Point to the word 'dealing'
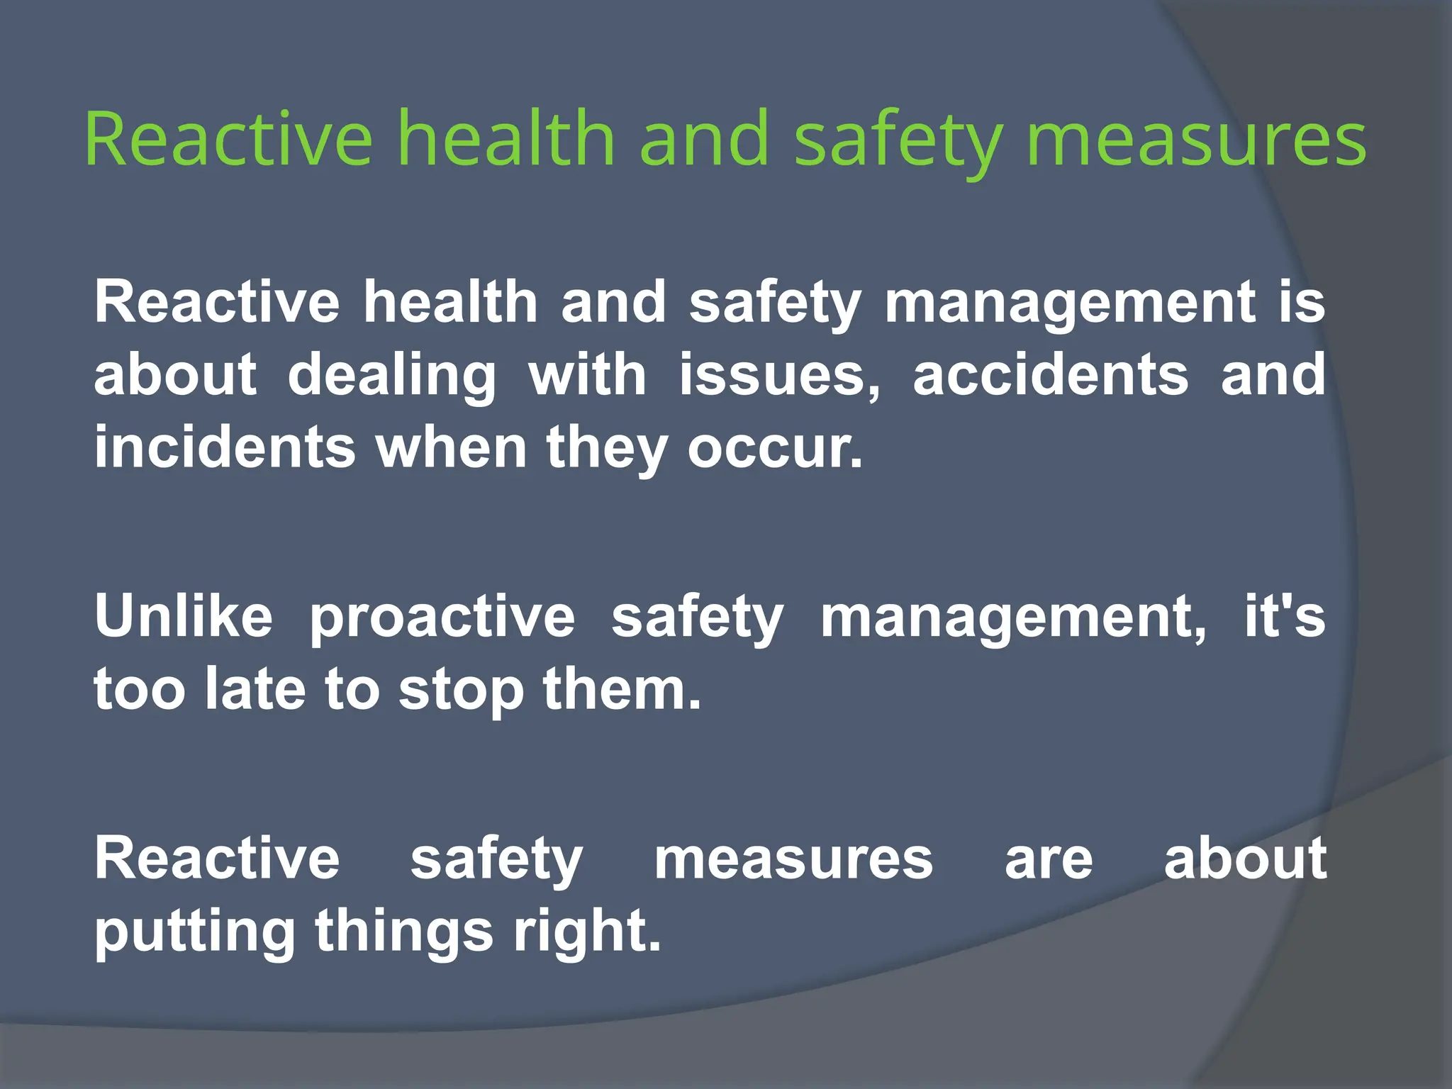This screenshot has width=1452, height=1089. click(x=392, y=376)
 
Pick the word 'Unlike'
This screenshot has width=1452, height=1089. click(x=184, y=616)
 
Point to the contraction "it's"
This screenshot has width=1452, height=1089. click(x=1284, y=616)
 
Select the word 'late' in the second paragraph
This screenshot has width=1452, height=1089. click(x=255, y=689)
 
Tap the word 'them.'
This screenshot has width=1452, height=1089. click(x=622, y=689)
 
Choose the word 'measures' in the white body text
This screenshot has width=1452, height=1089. click(x=793, y=859)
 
